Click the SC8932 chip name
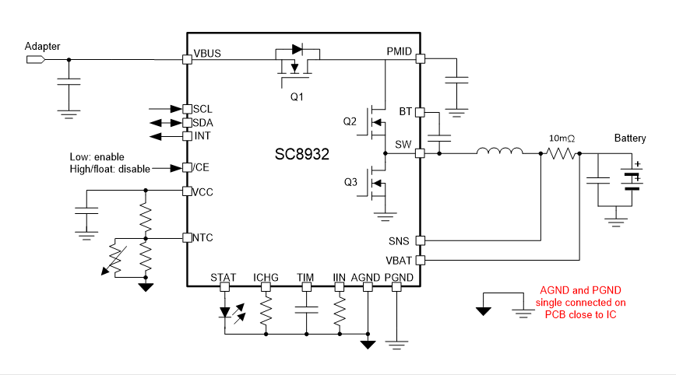point(302,154)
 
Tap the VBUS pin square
point(187,59)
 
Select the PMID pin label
point(400,51)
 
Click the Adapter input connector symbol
point(36,60)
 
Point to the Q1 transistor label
point(297,97)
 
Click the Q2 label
point(350,121)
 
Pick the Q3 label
point(350,182)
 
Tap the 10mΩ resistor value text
point(562,138)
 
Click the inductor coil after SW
point(500,151)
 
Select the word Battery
point(630,138)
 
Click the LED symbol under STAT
point(224,312)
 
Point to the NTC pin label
point(202,237)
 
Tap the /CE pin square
point(187,167)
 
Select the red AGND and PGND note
point(581,303)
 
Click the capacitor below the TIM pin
point(307,310)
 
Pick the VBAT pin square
point(420,260)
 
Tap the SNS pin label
point(399,241)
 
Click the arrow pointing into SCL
point(166,109)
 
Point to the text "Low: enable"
point(97,156)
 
